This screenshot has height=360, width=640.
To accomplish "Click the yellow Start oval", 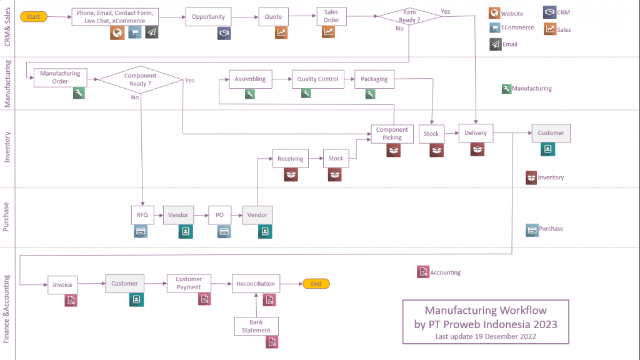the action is coord(34,17).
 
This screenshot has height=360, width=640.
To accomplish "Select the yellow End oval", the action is coord(316,284).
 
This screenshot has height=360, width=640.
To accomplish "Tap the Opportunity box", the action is coord(208,17).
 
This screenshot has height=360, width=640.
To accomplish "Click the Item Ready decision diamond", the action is coord(409,16).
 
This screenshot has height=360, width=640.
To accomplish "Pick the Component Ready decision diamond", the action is coord(141,79).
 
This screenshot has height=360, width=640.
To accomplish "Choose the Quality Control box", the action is coord(317,79).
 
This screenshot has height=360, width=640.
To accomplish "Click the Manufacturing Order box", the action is coord(60,77).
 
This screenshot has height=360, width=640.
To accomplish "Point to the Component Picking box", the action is coord(392,134).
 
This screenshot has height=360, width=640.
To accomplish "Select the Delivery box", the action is coord(476,133).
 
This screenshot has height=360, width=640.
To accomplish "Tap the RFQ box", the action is coord(142,215).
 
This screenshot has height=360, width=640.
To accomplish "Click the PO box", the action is coord(219,215).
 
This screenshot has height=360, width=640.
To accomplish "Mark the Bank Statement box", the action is coord(256,326).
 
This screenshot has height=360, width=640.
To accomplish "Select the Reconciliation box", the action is coord(256,284).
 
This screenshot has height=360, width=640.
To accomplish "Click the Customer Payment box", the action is coord(189,283).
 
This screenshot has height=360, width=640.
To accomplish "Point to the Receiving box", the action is coord(290,158).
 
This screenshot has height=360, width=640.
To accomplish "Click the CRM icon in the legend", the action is coord(549,12).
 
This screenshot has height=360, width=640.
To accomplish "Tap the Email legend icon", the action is coord(496,44).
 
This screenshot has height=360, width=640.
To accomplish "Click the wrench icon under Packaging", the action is coord(370,94).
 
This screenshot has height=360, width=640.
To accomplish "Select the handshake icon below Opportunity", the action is coord(224,33).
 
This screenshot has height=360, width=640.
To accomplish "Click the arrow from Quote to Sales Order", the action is coord(302,16).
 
